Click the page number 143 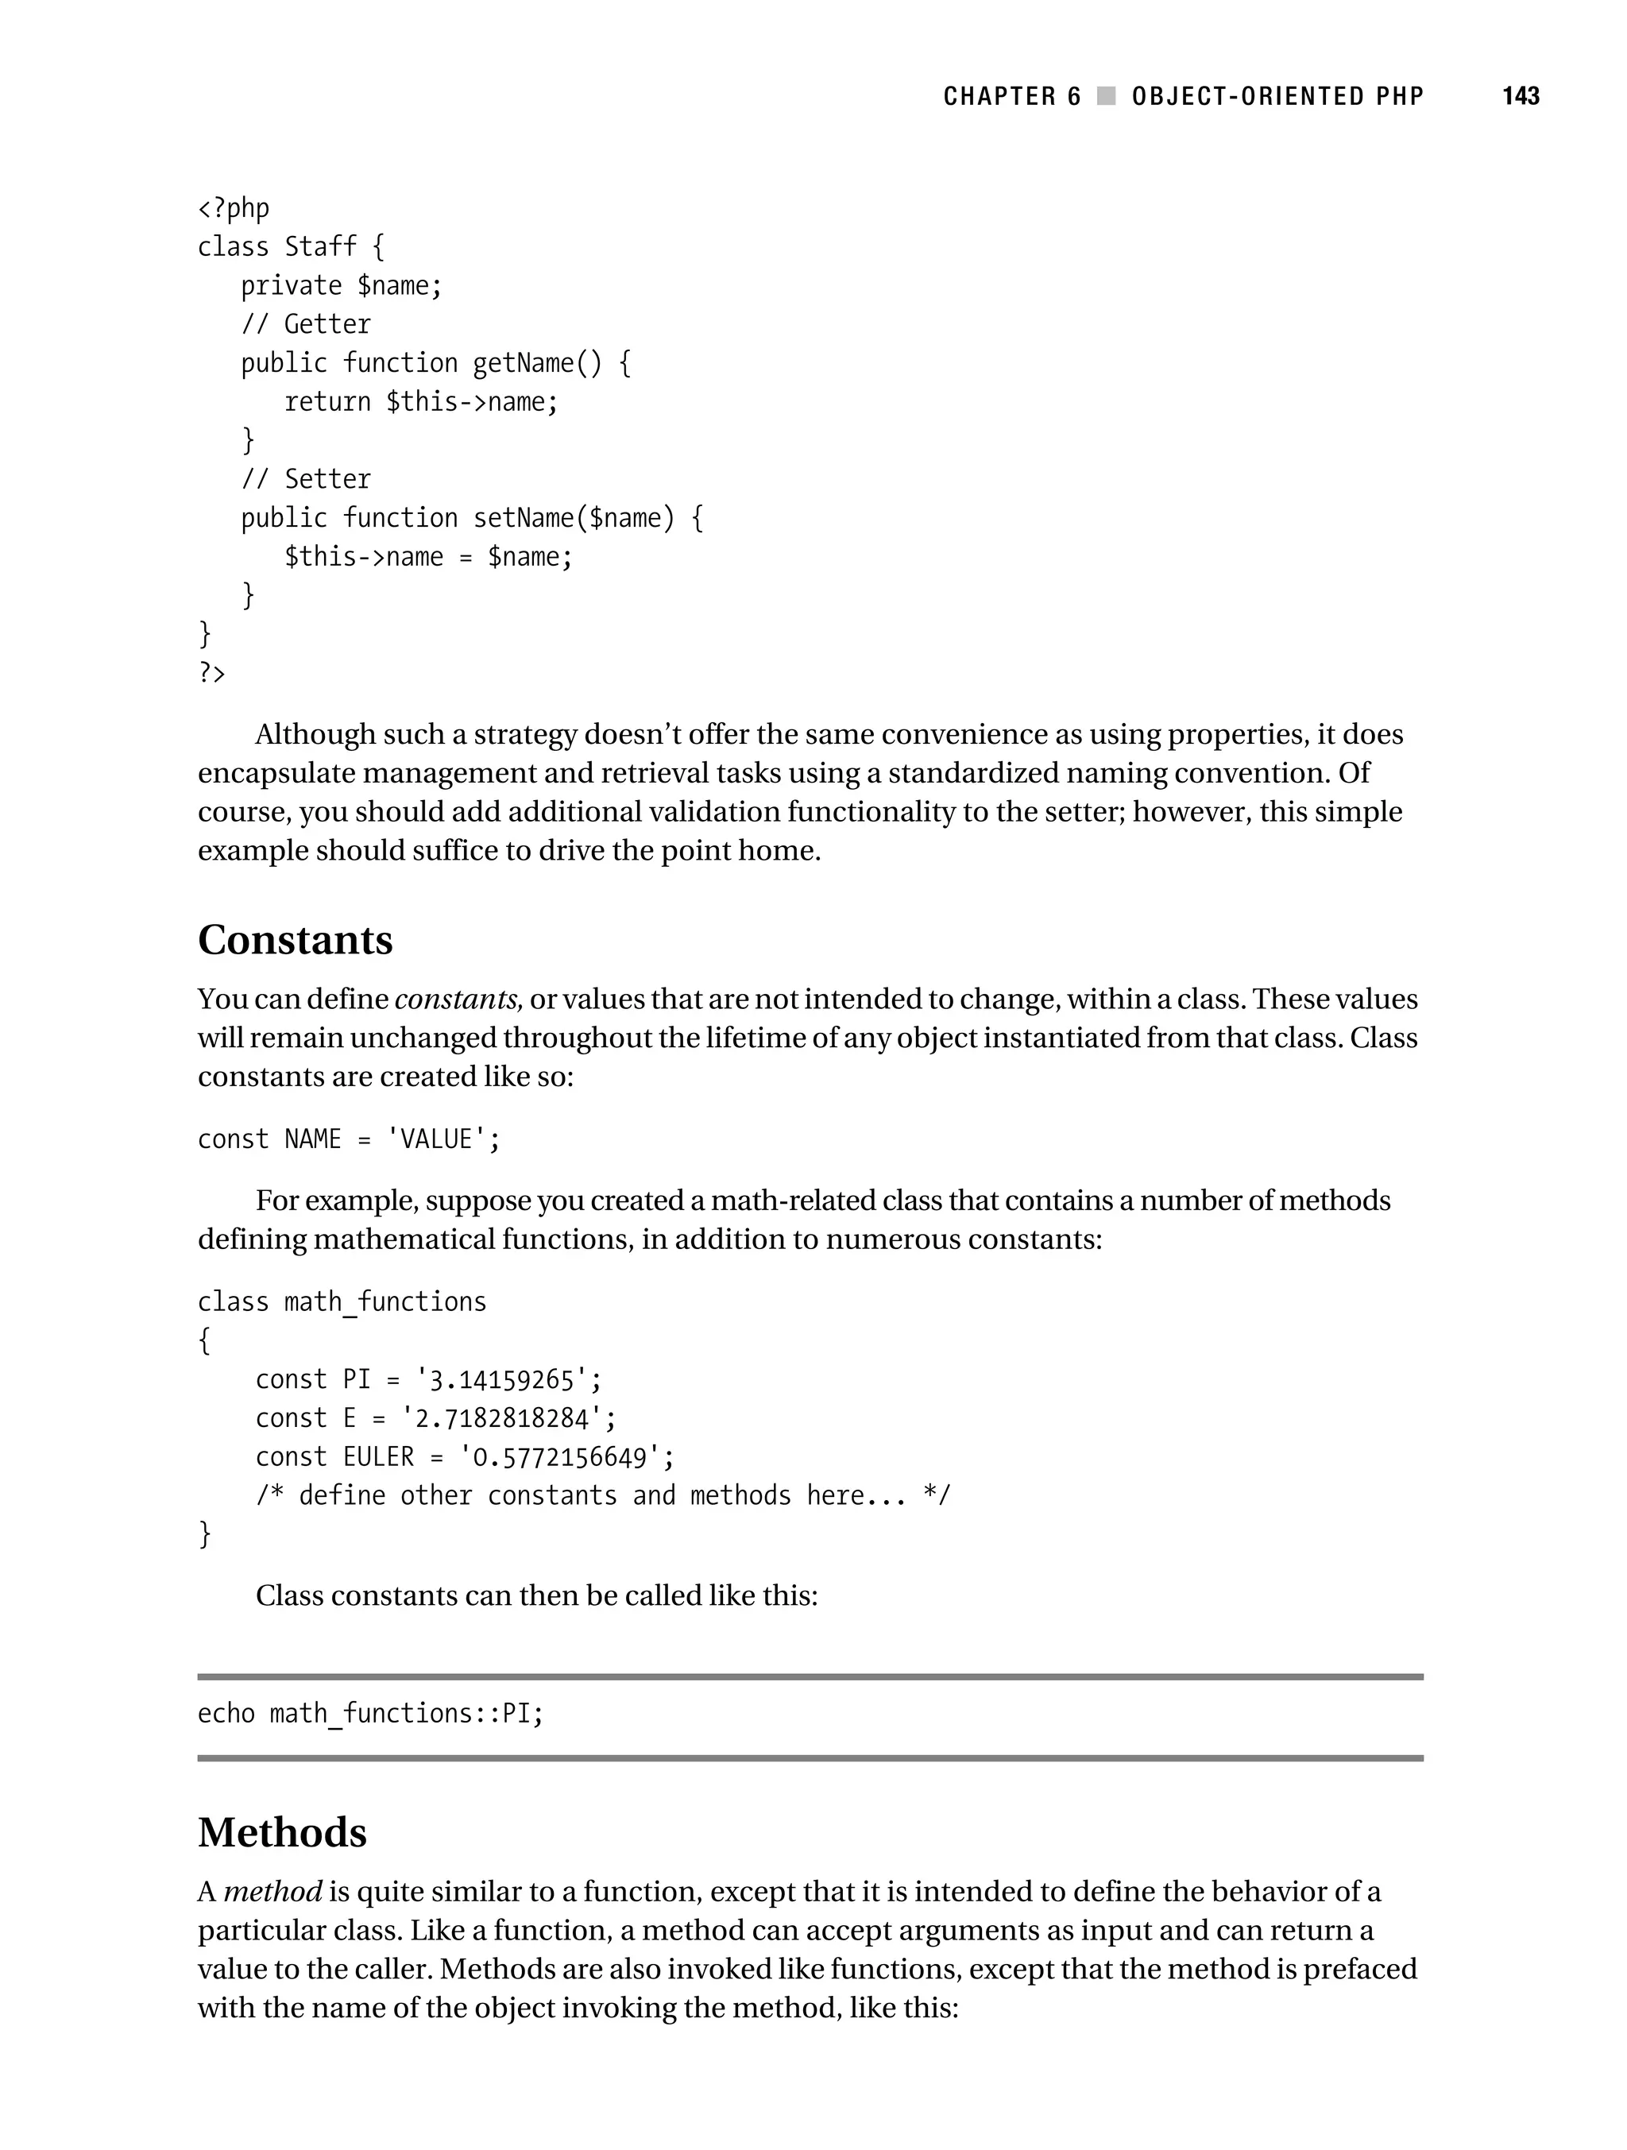(1520, 96)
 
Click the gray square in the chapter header (1106, 96)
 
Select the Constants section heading (296, 940)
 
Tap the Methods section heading (282, 1832)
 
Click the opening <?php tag (234, 209)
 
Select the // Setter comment (306, 479)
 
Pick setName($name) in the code (574, 518)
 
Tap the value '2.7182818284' (503, 1419)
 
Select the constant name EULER (378, 1457)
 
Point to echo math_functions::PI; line (370, 1714)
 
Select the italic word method (272, 1893)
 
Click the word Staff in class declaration (321, 247)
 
